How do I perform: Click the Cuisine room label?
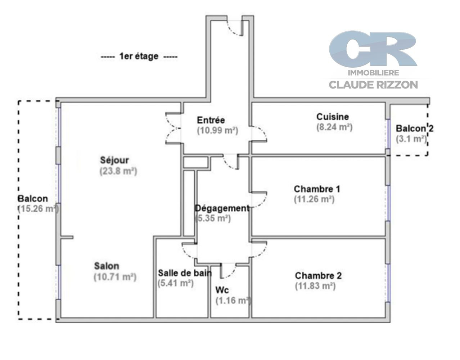tap(332, 117)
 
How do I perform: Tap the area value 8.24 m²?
tap(334, 127)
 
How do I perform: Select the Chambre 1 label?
tap(317, 189)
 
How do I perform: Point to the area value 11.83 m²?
tap(315, 286)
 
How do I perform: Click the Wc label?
tap(222, 290)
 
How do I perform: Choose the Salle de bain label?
tap(185, 273)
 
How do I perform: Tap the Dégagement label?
tap(222, 208)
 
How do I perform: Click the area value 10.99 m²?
tap(217, 131)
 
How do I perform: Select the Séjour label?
tap(114, 160)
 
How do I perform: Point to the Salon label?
tap(107, 266)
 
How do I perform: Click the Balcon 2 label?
tap(415, 129)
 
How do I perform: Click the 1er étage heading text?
tap(139, 56)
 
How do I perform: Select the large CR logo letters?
tap(373, 49)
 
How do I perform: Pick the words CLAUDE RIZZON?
tap(373, 85)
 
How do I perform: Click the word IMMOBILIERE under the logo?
tap(373, 73)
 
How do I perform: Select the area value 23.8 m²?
tap(118, 171)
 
